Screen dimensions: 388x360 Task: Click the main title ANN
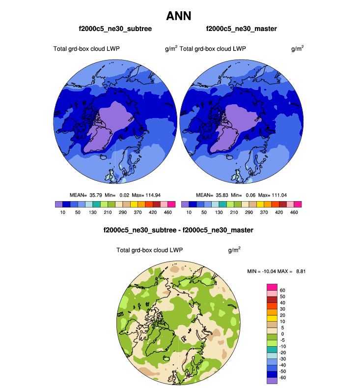click(x=180, y=16)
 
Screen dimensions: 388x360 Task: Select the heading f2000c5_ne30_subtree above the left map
click(x=115, y=29)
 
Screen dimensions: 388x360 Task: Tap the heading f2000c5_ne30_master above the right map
click(x=241, y=29)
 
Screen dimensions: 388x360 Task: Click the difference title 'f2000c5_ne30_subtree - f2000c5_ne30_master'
click(x=178, y=230)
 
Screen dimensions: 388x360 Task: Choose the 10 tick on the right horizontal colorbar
click(x=189, y=212)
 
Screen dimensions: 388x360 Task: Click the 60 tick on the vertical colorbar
click(x=282, y=290)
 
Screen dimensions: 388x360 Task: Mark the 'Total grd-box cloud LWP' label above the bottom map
click(x=149, y=250)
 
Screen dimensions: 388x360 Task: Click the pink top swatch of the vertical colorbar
click(x=272, y=287)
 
